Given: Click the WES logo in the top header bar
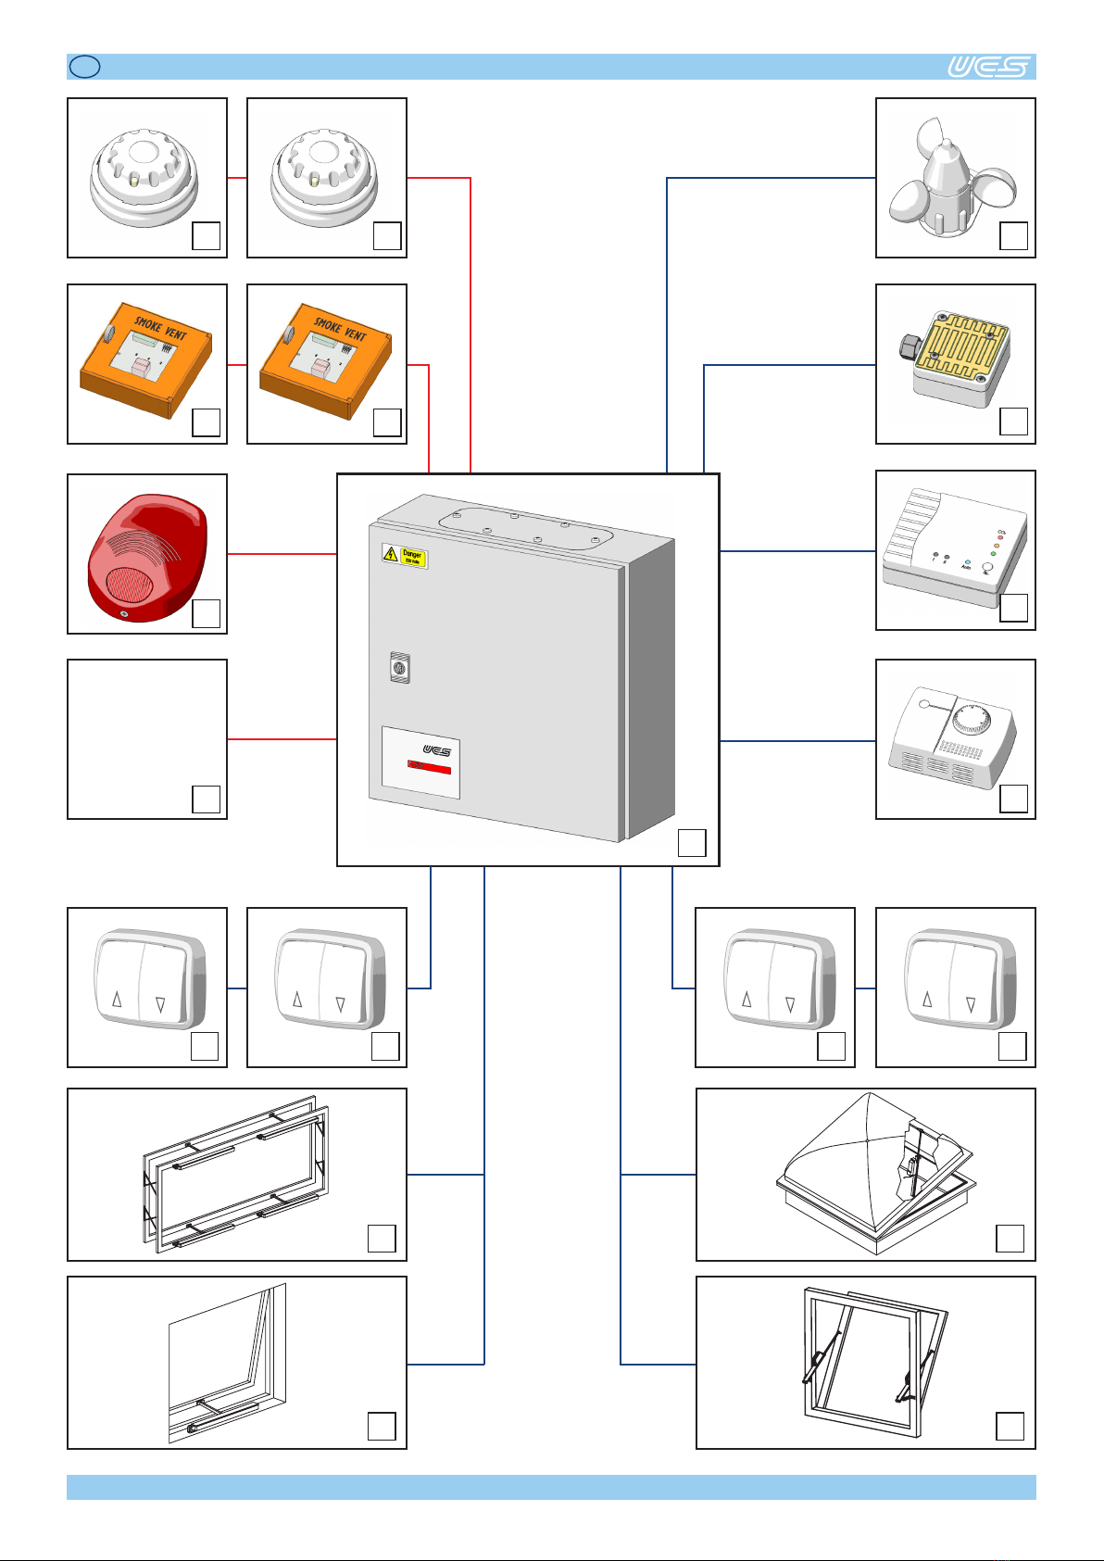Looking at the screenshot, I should [988, 67].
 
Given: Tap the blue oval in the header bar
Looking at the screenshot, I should [84, 67].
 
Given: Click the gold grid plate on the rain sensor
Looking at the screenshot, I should [960, 346].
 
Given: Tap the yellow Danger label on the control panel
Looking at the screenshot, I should [406, 556].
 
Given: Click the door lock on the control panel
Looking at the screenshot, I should [400, 667].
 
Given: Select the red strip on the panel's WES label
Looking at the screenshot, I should [430, 768].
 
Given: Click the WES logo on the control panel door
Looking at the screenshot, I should [436, 750].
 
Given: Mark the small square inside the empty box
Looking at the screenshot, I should [206, 799].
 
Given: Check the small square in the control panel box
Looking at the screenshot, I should [692, 842].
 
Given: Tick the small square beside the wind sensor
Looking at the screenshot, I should [1014, 235].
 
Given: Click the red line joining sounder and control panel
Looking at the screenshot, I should [282, 554].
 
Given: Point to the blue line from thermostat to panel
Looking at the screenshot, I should [797, 741].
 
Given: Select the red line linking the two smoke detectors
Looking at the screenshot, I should [237, 178].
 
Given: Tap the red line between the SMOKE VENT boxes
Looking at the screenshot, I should [237, 365].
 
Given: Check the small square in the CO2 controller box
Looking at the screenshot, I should [1014, 608].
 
